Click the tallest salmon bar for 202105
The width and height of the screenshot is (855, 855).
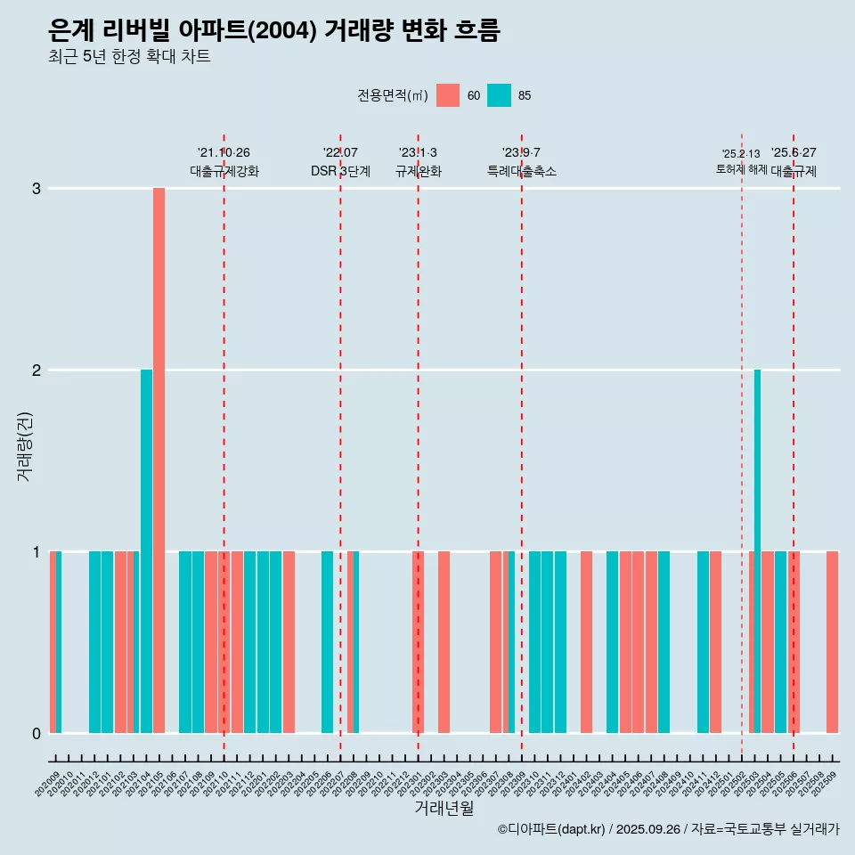pyautogui.click(x=159, y=460)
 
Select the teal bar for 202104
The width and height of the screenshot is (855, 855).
pyautogui.click(x=146, y=550)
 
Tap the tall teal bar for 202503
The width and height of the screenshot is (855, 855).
pyautogui.click(x=757, y=550)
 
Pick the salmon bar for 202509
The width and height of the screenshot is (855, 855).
pyautogui.click(x=832, y=641)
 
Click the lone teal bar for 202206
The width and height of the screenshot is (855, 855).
pyautogui.click(x=327, y=641)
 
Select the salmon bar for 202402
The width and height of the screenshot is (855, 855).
pyautogui.click(x=586, y=641)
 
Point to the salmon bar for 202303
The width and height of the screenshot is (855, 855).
pyautogui.click(x=444, y=641)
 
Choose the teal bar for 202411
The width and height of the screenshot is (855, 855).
pyautogui.click(x=703, y=641)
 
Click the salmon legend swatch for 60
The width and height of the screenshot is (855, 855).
pyautogui.click(x=448, y=95)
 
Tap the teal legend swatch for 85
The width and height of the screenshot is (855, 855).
pyautogui.click(x=500, y=95)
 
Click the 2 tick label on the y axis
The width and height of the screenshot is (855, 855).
pyautogui.click(x=37, y=370)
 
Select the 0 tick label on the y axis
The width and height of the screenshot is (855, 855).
pyautogui.click(x=37, y=734)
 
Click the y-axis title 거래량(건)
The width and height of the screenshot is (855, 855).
pyautogui.click(x=25, y=445)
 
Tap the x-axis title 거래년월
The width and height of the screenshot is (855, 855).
pyautogui.click(x=444, y=809)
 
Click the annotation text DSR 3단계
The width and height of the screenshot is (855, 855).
pyautogui.click(x=340, y=172)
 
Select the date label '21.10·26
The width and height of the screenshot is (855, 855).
pyautogui.click(x=224, y=153)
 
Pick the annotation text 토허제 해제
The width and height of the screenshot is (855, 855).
pyautogui.click(x=741, y=169)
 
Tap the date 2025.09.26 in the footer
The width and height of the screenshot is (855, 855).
pyautogui.click(x=647, y=830)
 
